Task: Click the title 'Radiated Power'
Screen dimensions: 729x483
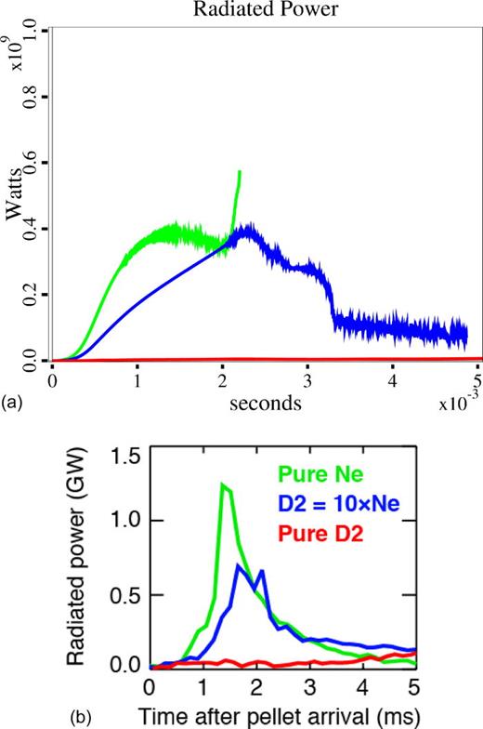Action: tap(263, 10)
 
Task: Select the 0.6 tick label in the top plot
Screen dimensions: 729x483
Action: tap(38, 163)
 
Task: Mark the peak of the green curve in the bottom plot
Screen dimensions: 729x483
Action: tap(223, 484)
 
